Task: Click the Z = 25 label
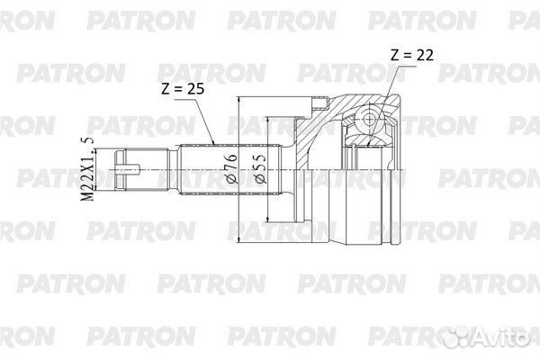[183, 89]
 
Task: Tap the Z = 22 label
[412, 55]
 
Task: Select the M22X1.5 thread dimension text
[87, 169]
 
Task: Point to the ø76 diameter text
[232, 168]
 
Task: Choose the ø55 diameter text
[261, 168]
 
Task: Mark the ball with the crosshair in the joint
[370, 120]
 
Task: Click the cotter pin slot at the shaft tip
[128, 169]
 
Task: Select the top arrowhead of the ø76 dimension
[238, 100]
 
